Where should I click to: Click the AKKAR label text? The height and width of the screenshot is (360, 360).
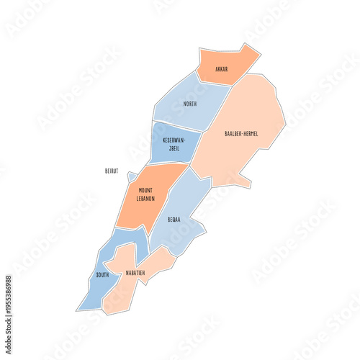pyautogui.click(x=222, y=69)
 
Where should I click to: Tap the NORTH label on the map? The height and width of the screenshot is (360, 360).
pyautogui.click(x=190, y=104)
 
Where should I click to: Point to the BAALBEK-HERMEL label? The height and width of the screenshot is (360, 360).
pyautogui.click(x=241, y=134)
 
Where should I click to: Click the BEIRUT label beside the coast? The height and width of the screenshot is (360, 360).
pyautogui.click(x=111, y=171)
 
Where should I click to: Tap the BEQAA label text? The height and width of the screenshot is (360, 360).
pyautogui.click(x=174, y=219)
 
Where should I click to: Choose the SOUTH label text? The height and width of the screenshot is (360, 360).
pyautogui.click(x=102, y=275)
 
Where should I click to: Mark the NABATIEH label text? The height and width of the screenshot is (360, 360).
pyautogui.click(x=135, y=273)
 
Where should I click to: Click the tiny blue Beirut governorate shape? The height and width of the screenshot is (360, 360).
pyautogui.click(x=132, y=176)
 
